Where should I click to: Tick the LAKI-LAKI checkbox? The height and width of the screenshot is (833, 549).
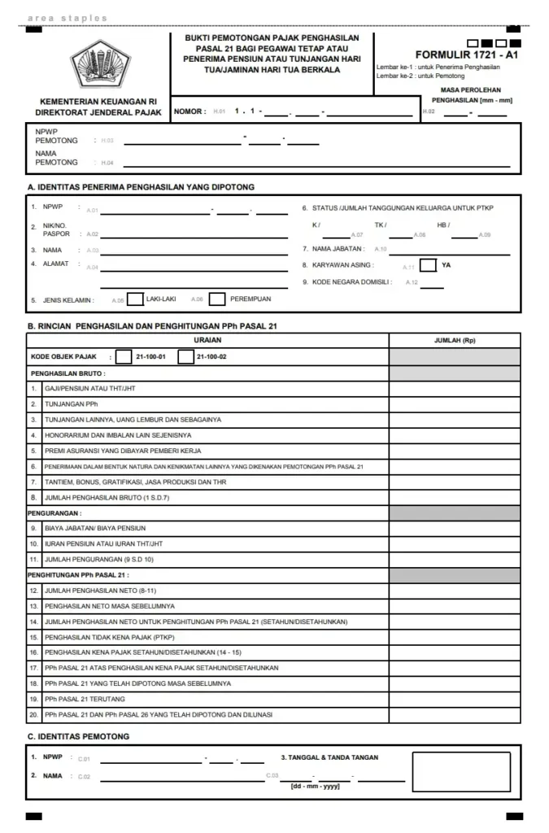(x=136, y=299)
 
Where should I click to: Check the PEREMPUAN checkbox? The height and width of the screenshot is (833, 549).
(x=216, y=299)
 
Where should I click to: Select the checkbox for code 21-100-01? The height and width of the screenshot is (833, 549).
(x=124, y=356)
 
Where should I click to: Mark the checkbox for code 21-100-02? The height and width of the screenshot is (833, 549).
(x=185, y=356)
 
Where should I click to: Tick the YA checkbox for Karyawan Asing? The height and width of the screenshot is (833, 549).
(x=429, y=265)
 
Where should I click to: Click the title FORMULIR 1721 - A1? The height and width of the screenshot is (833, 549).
(x=466, y=55)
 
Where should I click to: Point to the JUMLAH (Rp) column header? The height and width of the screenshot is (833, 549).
(x=455, y=340)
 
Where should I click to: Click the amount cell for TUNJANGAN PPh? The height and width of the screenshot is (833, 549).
(x=455, y=403)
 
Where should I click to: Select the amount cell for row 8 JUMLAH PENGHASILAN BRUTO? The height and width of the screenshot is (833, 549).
(x=455, y=497)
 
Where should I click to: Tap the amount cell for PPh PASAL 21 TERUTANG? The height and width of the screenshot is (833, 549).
(x=455, y=699)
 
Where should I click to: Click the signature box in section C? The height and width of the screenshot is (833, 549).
(x=461, y=772)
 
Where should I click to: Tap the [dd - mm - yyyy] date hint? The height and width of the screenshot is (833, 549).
(x=316, y=786)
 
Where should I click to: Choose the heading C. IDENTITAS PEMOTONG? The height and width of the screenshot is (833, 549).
(x=78, y=736)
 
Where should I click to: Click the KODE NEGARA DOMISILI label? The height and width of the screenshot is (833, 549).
(x=351, y=282)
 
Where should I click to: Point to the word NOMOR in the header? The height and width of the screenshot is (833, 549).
(x=190, y=111)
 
